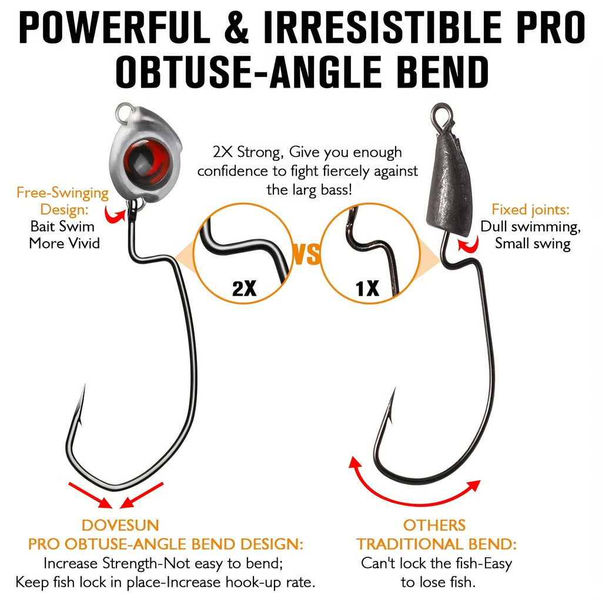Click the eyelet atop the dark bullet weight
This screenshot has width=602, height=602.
point(442,114)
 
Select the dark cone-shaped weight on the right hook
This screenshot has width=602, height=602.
point(450,184)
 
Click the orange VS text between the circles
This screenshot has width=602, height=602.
point(306,254)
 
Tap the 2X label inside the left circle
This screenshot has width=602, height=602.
point(244,288)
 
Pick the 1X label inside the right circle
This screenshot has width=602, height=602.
point(367,288)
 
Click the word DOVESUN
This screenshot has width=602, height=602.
point(120,525)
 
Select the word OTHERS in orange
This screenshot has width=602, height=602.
point(434,525)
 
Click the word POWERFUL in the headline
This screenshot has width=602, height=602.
point(114,27)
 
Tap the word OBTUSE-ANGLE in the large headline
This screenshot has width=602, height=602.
point(249,72)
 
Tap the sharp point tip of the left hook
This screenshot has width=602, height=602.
point(85,384)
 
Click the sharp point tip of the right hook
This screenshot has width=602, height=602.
point(395,388)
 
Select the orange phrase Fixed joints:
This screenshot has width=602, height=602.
point(531,210)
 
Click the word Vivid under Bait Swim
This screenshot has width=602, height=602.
point(83,243)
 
